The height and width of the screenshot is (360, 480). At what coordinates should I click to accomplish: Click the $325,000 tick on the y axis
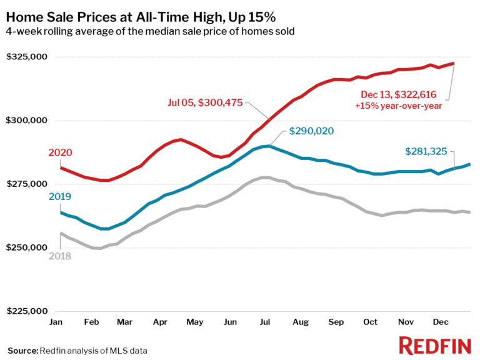[27, 57]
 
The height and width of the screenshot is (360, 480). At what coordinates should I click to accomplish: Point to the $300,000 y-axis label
[27, 121]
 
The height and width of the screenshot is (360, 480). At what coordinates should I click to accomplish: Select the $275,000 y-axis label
[27, 184]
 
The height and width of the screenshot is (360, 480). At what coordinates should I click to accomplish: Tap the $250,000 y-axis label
[27, 248]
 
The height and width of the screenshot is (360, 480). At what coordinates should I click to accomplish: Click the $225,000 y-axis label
[27, 311]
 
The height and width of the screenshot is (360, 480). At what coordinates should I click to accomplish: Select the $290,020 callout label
[311, 131]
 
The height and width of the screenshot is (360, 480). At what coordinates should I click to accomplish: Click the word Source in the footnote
[22, 350]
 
